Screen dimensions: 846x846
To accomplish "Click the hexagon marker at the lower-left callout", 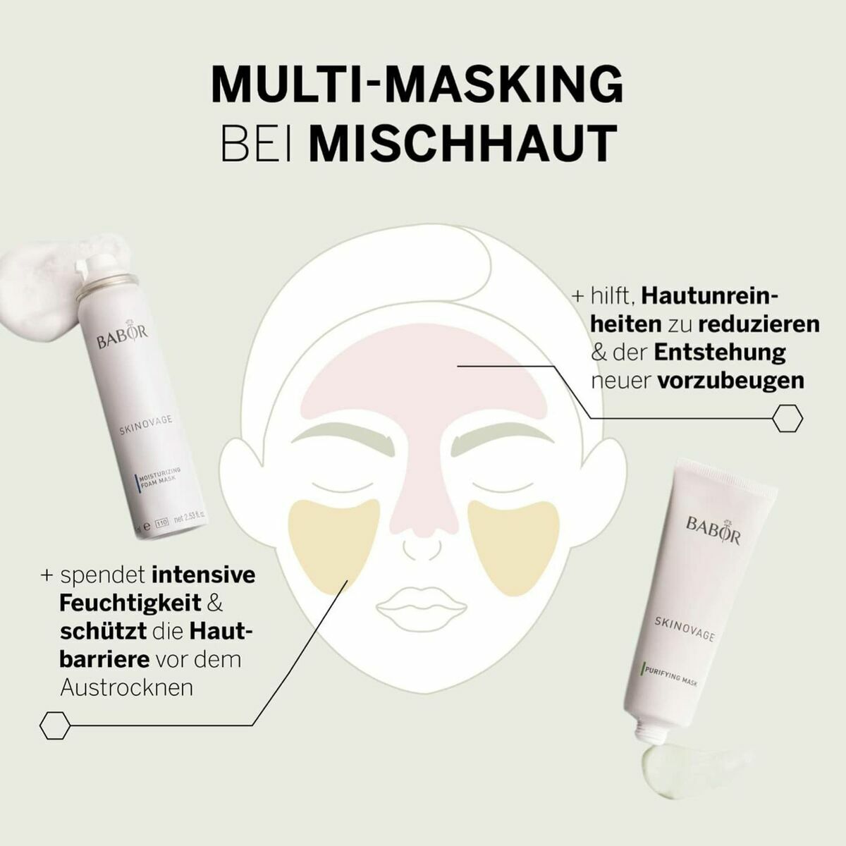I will click(x=55, y=725).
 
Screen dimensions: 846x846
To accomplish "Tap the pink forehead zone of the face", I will click(x=423, y=381).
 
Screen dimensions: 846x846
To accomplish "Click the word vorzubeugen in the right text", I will click(x=730, y=381).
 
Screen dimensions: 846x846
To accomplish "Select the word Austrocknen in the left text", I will click(x=127, y=687).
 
